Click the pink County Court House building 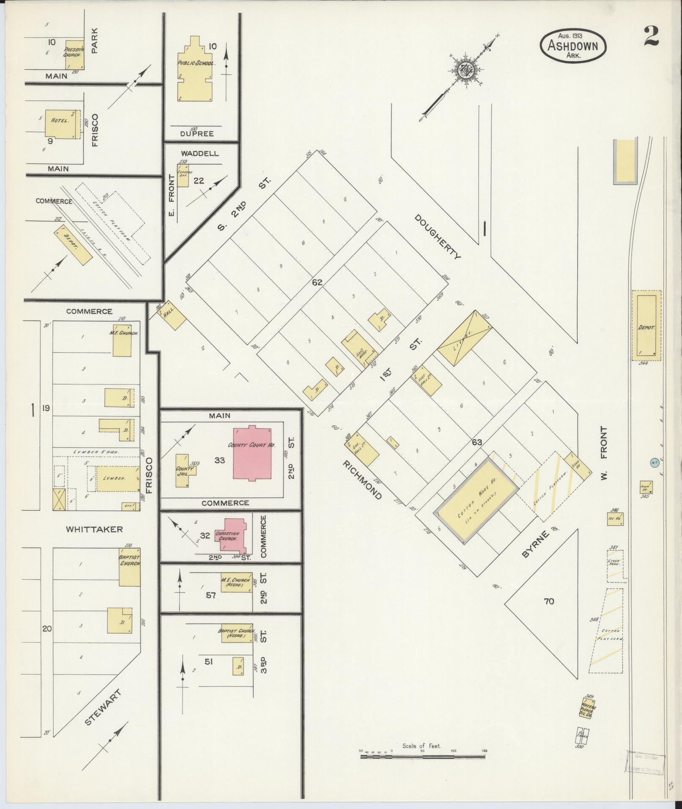point(252,453)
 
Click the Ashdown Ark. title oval point(573,46)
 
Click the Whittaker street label point(94,529)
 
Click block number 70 point(548,601)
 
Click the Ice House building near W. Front point(615,519)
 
